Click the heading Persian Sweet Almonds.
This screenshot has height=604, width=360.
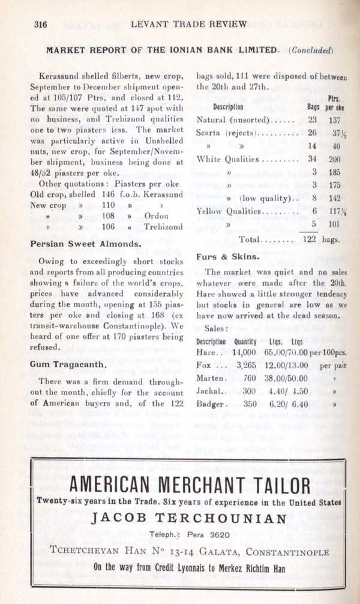86,244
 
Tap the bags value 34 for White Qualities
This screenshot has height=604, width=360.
312,160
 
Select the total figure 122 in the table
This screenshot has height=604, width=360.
309,239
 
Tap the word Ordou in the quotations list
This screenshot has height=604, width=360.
157,215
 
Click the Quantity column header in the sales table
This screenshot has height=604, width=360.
244,341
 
